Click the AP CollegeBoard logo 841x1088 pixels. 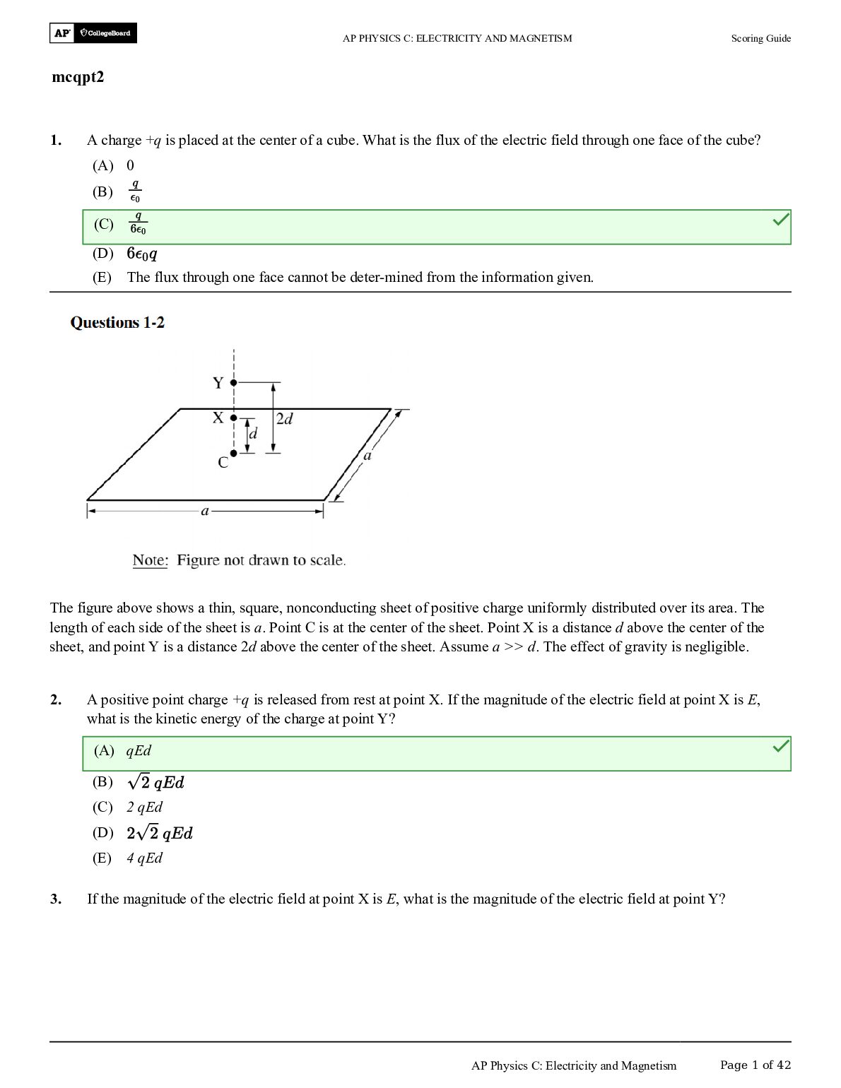pos(93,33)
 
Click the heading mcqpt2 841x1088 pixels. pos(78,77)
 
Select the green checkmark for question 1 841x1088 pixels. pos(780,221)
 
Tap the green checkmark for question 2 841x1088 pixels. pos(780,745)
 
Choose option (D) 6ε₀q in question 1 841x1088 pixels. pos(141,254)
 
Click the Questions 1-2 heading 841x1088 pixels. pos(117,323)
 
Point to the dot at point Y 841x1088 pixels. pos(234,382)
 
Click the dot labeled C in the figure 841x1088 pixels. pos(234,453)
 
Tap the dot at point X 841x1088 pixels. pos(234,418)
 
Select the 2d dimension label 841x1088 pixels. pos(284,419)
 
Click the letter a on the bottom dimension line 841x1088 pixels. pos(205,510)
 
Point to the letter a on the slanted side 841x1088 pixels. pos(367,456)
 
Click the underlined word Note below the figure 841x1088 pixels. pos(149,560)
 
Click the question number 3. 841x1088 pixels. pos(56,899)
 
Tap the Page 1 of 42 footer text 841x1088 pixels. pos(755,1065)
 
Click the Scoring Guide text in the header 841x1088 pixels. pos(760,38)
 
